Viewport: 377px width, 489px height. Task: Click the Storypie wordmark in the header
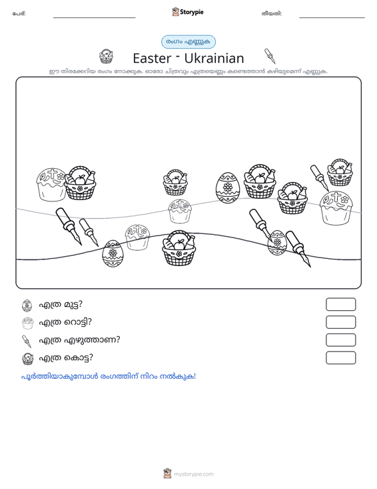(x=191, y=12)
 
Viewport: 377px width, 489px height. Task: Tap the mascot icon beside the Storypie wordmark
(x=175, y=12)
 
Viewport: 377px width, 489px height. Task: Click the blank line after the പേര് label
(x=95, y=17)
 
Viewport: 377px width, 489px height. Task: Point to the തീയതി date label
(x=272, y=13)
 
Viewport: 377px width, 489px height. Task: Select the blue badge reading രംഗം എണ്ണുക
(x=188, y=42)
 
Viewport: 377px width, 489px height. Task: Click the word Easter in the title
(x=152, y=58)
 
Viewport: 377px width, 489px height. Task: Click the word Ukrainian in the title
(x=214, y=58)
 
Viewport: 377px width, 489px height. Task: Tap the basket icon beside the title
(x=106, y=57)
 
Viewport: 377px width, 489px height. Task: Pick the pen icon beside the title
(x=270, y=56)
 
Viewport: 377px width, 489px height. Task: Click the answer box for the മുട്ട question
(x=340, y=304)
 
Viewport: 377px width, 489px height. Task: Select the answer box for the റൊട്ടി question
(x=340, y=322)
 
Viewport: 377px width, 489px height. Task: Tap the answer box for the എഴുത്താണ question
(x=340, y=340)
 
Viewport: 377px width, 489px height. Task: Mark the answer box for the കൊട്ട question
(x=340, y=358)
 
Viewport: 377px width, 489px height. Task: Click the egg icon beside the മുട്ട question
(x=27, y=306)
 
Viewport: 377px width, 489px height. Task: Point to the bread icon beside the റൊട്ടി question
(x=28, y=323)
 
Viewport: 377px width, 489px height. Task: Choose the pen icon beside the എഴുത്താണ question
(x=27, y=341)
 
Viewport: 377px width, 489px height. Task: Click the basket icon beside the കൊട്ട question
(x=28, y=359)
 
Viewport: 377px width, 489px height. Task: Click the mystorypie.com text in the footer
(x=194, y=474)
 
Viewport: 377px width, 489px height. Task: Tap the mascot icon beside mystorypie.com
(x=167, y=474)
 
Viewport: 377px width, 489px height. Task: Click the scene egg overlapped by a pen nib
(x=276, y=243)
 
